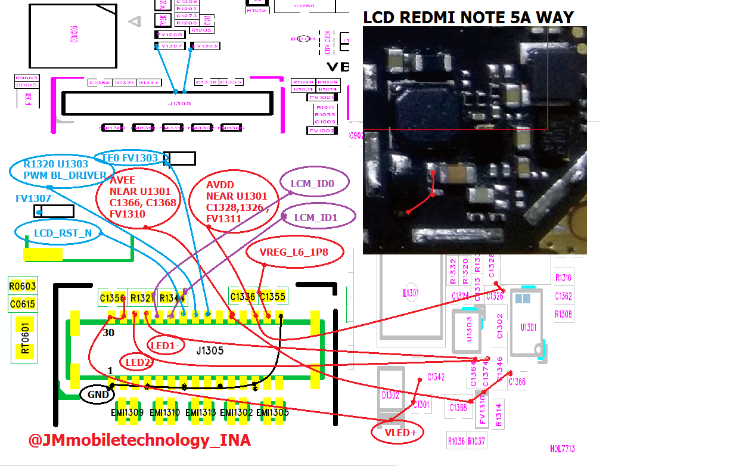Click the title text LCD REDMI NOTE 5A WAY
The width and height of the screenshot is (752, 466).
tap(468, 17)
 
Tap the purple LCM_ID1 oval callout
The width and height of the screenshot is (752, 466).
tap(316, 218)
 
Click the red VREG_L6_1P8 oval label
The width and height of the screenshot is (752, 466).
tap(294, 252)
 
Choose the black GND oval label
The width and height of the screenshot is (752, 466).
tap(98, 394)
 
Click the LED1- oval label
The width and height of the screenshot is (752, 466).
tap(166, 346)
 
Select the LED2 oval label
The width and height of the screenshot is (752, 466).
tap(137, 362)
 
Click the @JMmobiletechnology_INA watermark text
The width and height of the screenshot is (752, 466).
tap(139, 440)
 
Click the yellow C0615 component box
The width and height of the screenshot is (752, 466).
tap(23, 305)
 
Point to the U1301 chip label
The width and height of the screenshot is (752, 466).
tap(528, 327)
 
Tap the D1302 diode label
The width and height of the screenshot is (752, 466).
tap(390, 395)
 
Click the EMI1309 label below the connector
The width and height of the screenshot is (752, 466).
tap(127, 412)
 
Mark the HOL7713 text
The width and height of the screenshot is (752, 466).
tap(562, 449)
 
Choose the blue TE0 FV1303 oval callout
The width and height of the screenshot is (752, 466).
tap(130, 158)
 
